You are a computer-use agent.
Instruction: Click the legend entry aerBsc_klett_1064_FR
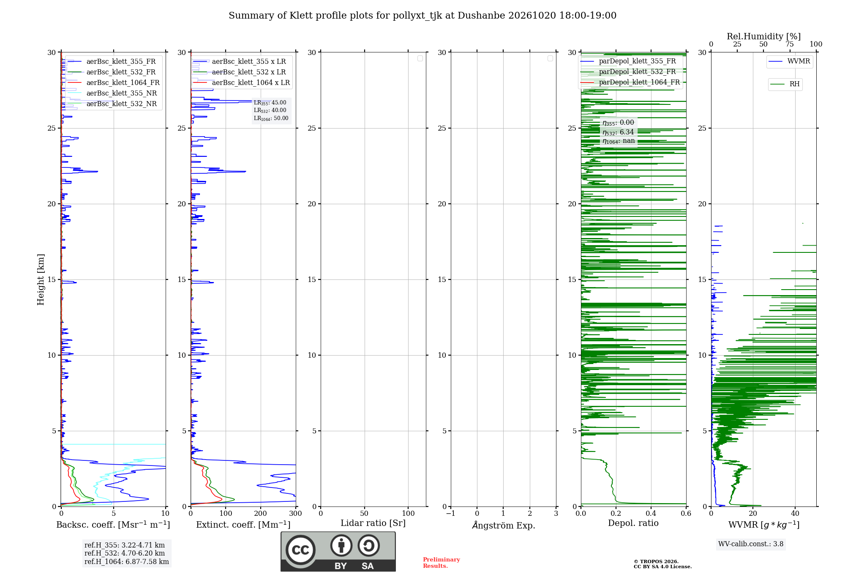[x=113, y=82]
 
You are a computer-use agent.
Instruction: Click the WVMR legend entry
[x=789, y=61]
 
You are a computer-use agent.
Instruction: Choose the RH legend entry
[x=785, y=84]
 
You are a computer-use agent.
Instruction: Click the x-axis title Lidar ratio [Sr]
[x=373, y=523]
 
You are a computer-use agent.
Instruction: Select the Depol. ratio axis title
[x=633, y=523]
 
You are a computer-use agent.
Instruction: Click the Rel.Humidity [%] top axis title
[x=764, y=36]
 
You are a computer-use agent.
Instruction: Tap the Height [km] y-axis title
[x=41, y=279]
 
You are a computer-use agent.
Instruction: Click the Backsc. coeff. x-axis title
[x=113, y=525]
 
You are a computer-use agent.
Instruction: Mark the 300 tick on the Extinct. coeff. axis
[x=295, y=514]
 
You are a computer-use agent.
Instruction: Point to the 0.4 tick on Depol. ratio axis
[x=651, y=514]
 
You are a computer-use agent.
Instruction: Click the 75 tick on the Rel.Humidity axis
[x=790, y=44]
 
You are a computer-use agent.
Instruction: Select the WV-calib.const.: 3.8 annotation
[x=751, y=544]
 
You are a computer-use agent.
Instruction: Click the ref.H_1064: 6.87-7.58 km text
[x=127, y=561]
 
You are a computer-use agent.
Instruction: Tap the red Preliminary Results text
[x=442, y=563]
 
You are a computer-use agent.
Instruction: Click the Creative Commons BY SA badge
[x=338, y=551]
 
